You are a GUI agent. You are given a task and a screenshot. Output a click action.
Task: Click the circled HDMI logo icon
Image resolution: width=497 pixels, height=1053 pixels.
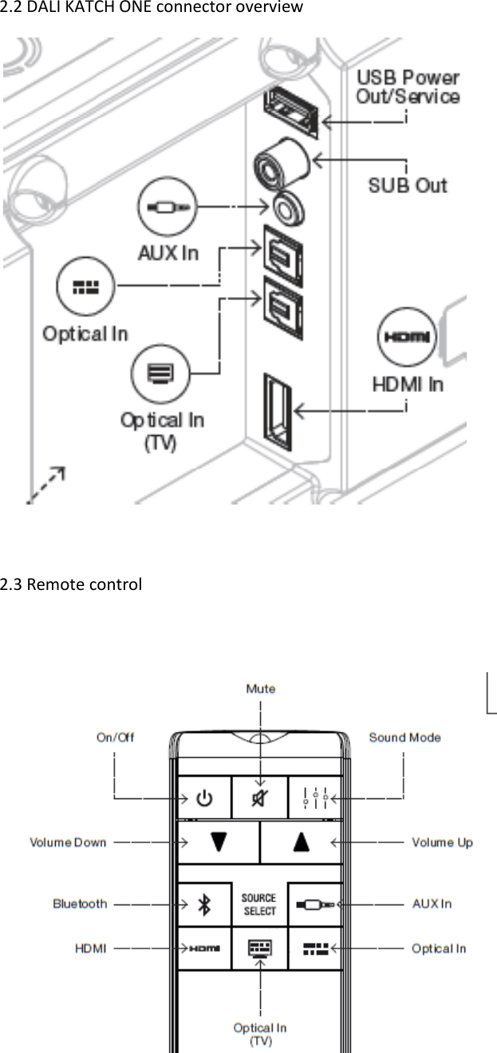click(x=407, y=338)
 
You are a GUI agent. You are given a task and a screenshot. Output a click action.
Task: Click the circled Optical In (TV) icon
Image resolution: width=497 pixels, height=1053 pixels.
click(x=162, y=372)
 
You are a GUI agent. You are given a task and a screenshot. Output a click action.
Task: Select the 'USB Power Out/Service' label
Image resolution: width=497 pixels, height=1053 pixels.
click(x=408, y=87)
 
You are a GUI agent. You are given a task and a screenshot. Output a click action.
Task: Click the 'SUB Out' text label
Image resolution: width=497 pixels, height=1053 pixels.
click(x=408, y=185)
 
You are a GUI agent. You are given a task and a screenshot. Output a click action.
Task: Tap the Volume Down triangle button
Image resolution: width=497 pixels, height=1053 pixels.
click(x=219, y=843)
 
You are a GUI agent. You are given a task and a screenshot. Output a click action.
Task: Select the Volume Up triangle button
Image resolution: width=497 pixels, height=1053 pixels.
click(x=301, y=843)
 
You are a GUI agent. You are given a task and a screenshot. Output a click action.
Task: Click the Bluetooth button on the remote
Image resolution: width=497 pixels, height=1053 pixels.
click(x=204, y=904)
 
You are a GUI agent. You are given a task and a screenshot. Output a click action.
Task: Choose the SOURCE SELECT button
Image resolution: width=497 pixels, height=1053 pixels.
click(x=259, y=904)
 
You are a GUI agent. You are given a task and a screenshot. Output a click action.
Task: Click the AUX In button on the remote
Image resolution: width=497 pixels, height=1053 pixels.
click(x=315, y=904)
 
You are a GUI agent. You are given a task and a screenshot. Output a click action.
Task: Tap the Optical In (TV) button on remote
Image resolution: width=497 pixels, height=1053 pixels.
click(x=259, y=948)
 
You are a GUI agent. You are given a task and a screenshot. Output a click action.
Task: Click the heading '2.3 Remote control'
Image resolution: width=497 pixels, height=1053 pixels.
click(x=71, y=584)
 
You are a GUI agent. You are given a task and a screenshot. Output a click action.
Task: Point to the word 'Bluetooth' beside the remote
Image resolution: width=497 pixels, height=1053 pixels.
click(x=80, y=904)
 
